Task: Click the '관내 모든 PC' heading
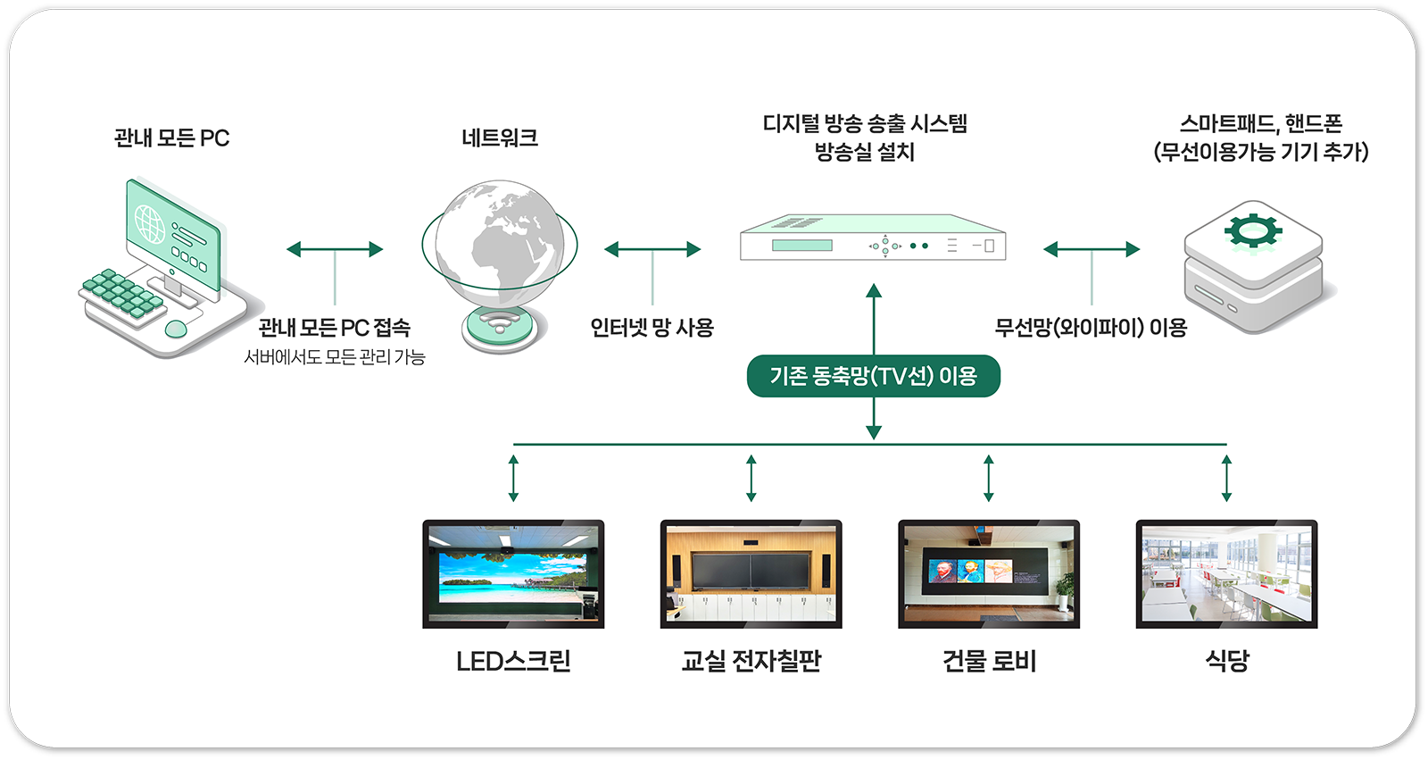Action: [x=171, y=138]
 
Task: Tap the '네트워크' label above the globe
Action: [x=500, y=138]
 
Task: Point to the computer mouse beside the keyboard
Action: [x=177, y=328]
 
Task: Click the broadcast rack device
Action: [x=873, y=238]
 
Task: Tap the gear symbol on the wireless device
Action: [x=1252, y=230]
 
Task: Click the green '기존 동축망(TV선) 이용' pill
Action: [x=873, y=376]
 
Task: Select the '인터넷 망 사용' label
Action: [x=652, y=328]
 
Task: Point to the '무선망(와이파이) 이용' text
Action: [x=1091, y=328]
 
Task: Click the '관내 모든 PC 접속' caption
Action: [x=335, y=328]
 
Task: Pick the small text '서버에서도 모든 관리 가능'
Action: [x=335, y=357]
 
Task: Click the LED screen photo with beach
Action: [x=513, y=573]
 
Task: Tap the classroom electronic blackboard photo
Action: [x=751, y=573]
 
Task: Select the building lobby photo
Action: [x=989, y=573]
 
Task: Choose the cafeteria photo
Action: [x=1226, y=573]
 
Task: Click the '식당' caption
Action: [x=1226, y=661]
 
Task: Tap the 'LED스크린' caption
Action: [x=513, y=661]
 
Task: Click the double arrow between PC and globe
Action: [x=335, y=249]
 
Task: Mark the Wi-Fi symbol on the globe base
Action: [x=500, y=323]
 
